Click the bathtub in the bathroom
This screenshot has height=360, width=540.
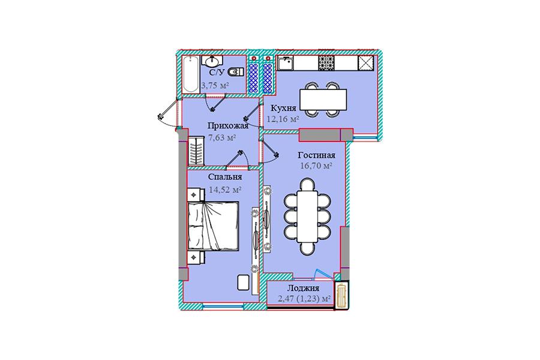point(190,74)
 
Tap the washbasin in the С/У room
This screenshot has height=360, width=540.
point(211,62)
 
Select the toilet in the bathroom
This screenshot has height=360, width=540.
point(236,71)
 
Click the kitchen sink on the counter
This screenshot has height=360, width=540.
point(286,64)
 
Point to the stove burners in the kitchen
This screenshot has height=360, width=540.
point(326,62)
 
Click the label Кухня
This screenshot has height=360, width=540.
point(283,108)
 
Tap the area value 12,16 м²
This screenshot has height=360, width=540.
point(283,119)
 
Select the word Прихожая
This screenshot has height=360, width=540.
point(228,125)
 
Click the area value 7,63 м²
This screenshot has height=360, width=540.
point(222,137)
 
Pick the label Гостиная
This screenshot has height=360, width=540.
point(316,155)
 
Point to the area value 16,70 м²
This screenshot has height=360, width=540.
point(316,166)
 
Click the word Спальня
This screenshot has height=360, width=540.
point(225,177)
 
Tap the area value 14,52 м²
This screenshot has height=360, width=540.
point(225,190)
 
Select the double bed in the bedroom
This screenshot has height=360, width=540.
point(213,226)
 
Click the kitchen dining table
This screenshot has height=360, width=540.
point(323,100)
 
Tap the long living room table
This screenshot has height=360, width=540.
point(307,217)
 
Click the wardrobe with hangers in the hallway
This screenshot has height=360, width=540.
point(196,151)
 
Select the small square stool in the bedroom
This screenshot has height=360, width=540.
point(244,283)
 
